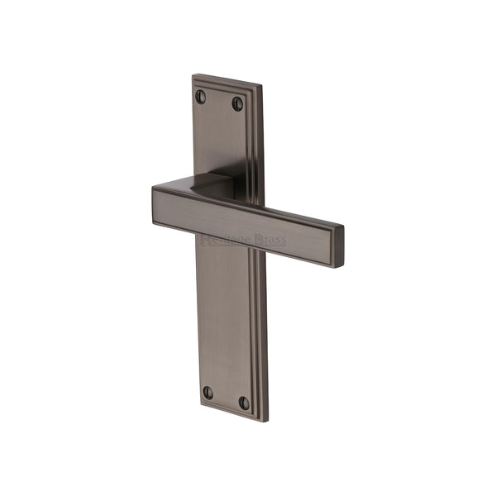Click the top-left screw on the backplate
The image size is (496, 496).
(200, 97)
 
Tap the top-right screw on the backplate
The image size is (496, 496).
(237, 103)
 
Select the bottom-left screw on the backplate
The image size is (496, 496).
(207, 393)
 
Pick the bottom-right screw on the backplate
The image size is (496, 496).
(244, 403)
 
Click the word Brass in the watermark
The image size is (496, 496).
(270, 241)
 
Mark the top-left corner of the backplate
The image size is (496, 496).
(193, 76)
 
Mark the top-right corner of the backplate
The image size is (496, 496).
(263, 87)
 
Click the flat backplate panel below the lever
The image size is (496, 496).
(223, 322)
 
